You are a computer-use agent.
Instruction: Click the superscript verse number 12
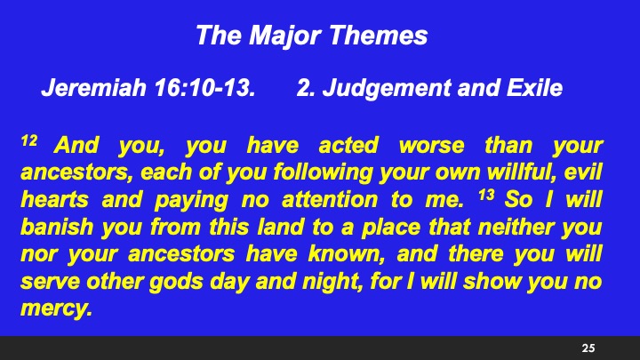pyautogui.click(x=26, y=141)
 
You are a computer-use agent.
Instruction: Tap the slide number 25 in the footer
pyautogui.click(x=588, y=347)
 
